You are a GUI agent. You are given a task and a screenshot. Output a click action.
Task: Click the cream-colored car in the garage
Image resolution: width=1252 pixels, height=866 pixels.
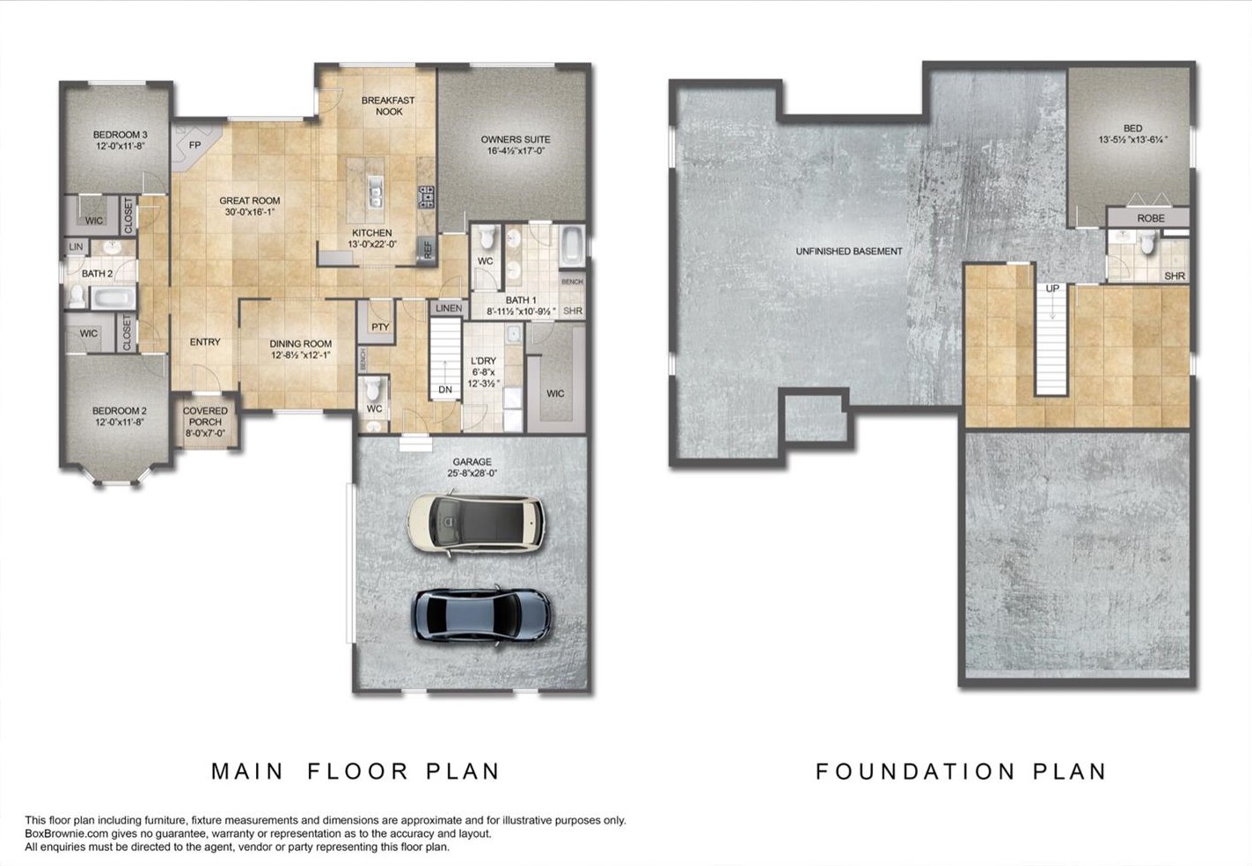point(476,522)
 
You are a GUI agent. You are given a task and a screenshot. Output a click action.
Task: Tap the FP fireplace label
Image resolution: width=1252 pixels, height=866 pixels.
point(194,145)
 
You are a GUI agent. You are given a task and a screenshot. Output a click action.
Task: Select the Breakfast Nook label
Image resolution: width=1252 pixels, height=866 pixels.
point(388,106)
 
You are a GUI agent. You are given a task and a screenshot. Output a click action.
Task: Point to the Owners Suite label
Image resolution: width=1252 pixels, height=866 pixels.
point(516,139)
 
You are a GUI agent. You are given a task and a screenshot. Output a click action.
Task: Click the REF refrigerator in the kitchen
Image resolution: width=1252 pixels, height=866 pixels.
point(428,249)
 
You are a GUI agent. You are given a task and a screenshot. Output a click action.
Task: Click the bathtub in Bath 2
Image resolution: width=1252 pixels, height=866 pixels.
point(113,298)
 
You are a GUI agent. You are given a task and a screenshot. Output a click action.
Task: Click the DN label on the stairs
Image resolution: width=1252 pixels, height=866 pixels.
point(445,390)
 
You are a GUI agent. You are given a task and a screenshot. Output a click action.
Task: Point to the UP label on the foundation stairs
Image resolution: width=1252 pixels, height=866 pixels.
point(1052,289)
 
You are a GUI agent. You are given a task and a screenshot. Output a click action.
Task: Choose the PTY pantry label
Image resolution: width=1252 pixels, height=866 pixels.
point(380,327)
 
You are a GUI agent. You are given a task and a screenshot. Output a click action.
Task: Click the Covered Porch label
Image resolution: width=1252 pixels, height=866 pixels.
point(205,416)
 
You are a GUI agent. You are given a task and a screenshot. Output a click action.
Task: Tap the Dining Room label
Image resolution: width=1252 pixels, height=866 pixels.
point(301,344)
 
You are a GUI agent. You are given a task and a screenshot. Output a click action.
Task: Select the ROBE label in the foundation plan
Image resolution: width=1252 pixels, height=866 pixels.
point(1151,218)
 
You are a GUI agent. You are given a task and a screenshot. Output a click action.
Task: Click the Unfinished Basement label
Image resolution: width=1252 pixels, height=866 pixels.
point(849,252)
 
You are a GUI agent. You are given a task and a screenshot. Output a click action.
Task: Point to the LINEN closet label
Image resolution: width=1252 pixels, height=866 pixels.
point(449,308)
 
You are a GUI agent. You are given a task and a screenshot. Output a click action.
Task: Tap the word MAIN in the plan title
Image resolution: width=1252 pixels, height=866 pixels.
point(247,772)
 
